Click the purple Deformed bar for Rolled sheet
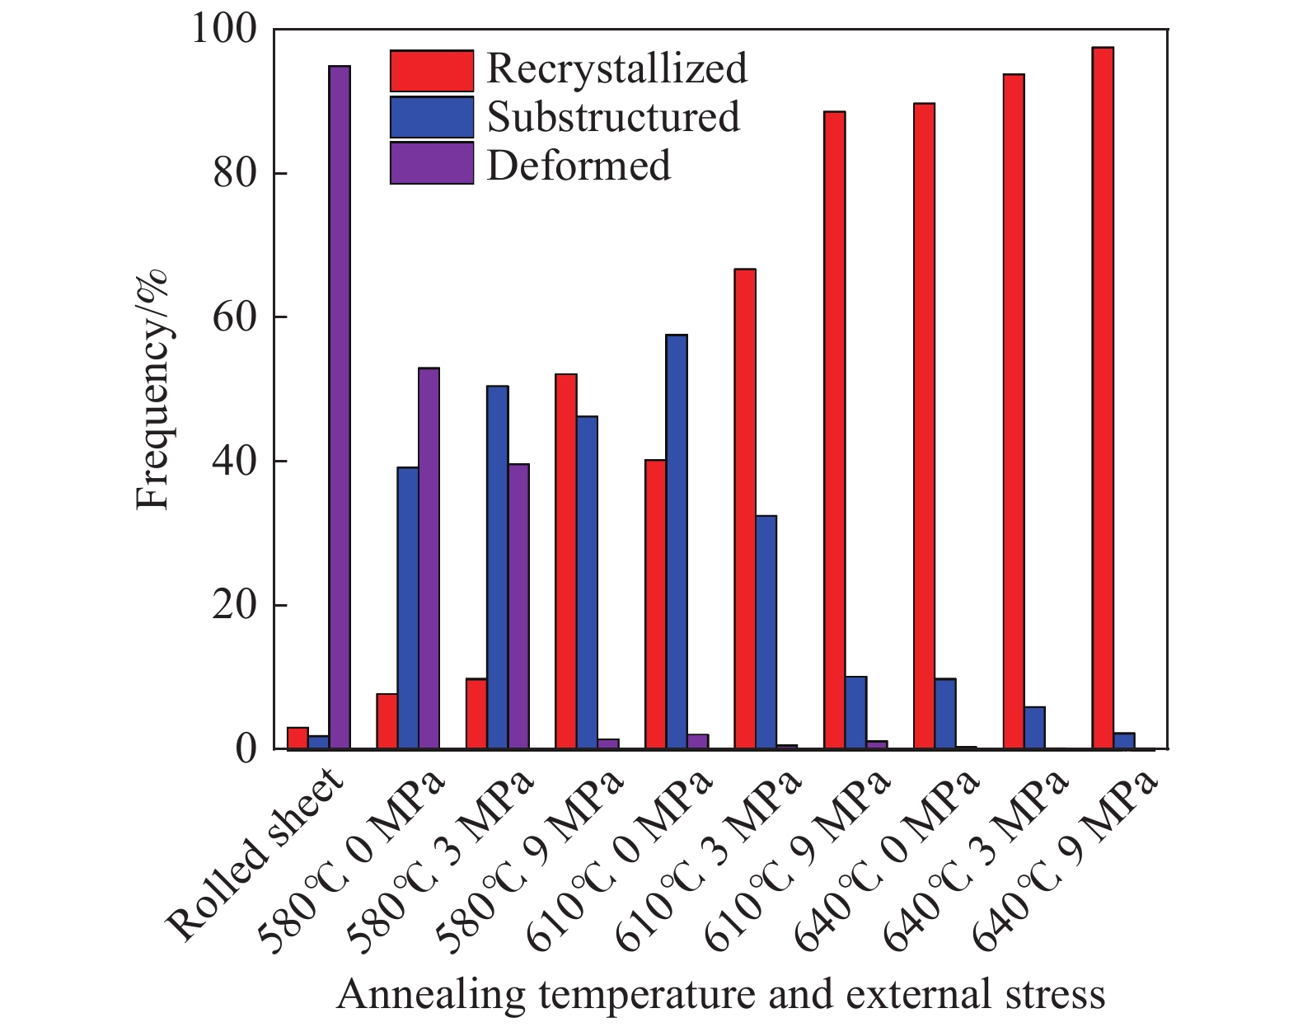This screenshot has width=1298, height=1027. point(340,407)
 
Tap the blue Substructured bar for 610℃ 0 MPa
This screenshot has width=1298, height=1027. point(677,542)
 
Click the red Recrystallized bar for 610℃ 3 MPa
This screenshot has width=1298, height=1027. point(745,509)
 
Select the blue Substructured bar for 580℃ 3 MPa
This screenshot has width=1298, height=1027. point(498,567)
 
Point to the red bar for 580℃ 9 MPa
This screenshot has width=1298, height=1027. point(566,561)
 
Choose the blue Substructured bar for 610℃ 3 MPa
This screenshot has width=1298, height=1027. point(766,632)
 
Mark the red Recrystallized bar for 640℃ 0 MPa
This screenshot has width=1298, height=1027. point(924,426)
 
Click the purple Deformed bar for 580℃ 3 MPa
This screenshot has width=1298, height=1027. point(518,606)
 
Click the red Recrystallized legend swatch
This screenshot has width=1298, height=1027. point(431,71)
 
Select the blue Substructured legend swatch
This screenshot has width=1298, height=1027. point(431,118)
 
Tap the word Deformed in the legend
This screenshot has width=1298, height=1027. point(579,166)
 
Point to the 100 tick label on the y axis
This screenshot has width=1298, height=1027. point(223,30)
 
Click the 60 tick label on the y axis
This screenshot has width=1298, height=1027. point(234,317)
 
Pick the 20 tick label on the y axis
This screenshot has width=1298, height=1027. point(234,605)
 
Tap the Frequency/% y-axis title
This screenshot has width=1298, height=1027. point(153,389)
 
